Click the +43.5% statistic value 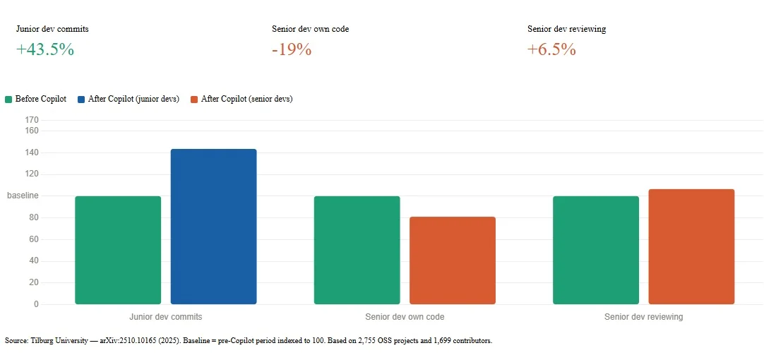click(44, 49)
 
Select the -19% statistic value click(292, 49)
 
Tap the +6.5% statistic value click(551, 49)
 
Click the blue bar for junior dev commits click(213, 227)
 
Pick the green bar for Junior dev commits click(118, 251)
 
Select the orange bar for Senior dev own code click(453, 260)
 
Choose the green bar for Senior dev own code click(357, 251)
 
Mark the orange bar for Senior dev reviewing click(691, 246)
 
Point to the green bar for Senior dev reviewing click(596, 251)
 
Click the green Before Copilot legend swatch click(8, 100)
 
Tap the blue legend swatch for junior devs click(81, 100)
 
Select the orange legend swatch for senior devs click(194, 100)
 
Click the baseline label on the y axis click(23, 196)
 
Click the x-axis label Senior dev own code click(405, 317)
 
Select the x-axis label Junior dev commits click(166, 317)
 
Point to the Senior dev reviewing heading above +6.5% click(567, 29)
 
